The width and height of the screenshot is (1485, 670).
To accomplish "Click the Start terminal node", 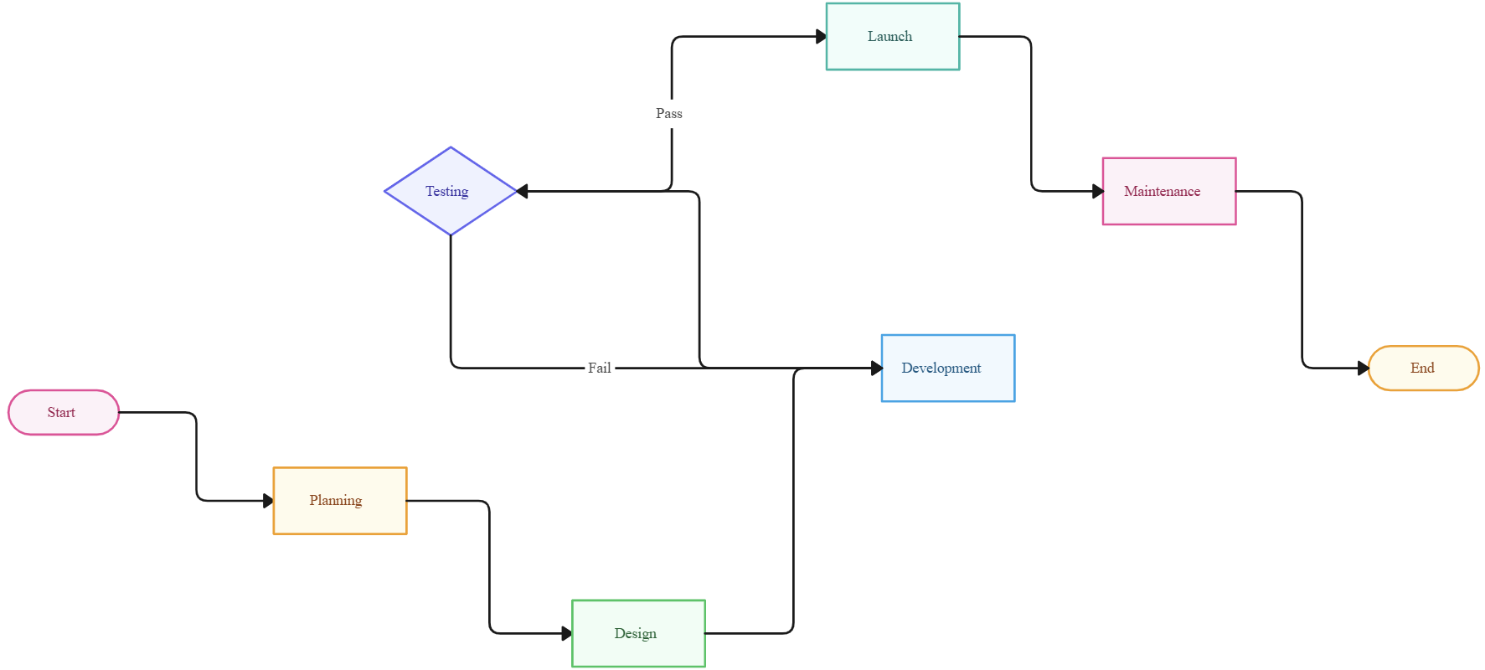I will point(64,412).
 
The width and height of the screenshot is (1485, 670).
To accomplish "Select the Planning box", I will point(340,501).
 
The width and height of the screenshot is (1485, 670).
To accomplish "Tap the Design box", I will point(638,633).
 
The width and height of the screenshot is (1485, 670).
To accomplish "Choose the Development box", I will point(947,368).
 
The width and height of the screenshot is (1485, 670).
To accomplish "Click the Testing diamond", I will point(451,191).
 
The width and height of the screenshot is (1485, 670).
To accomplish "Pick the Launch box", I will point(892,37).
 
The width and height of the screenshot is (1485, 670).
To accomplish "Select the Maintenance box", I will point(1168,191).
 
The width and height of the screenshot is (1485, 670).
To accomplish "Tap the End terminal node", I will point(1423,368).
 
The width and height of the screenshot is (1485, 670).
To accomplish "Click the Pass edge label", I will point(668,113).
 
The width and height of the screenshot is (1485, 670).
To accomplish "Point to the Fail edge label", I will point(599,368).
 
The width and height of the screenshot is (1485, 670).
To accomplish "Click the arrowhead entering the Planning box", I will point(268,501).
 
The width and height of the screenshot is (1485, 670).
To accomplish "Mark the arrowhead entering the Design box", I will point(567,633).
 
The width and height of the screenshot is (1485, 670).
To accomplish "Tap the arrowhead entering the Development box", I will point(876,368).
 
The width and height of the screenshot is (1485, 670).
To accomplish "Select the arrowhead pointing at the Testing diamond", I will point(523,191).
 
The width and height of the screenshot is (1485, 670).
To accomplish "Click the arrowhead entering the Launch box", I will point(821,37).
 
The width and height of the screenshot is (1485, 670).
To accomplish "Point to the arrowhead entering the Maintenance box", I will point(1097,191).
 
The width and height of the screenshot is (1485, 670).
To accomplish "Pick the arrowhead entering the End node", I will point(1363,368).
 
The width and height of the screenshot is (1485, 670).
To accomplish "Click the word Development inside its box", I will point(941,368).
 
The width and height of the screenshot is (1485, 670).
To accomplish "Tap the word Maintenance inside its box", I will point(1162,191).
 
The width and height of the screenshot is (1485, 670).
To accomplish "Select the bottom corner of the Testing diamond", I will point(451,234).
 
